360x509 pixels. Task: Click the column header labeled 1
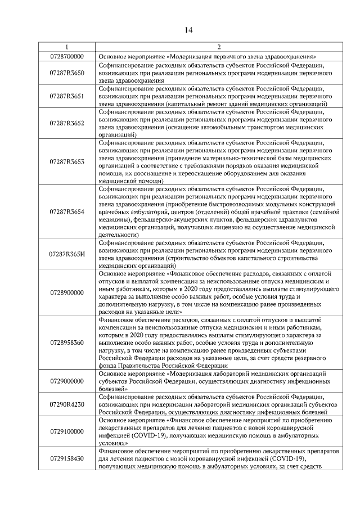[67, 47]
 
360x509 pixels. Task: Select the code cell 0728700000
[67, 57]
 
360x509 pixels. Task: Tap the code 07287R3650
[67, 73]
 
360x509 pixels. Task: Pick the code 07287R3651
[67, 96]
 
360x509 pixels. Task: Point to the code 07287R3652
[67, 123]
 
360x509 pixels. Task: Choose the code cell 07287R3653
[67, 162]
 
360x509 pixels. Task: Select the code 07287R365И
[67, 254]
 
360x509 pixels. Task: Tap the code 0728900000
[67, 292]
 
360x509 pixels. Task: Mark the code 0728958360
[67, 342]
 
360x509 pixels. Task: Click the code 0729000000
[67, 381]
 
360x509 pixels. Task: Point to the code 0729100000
[67, 431]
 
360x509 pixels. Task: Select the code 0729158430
[67, 458]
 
